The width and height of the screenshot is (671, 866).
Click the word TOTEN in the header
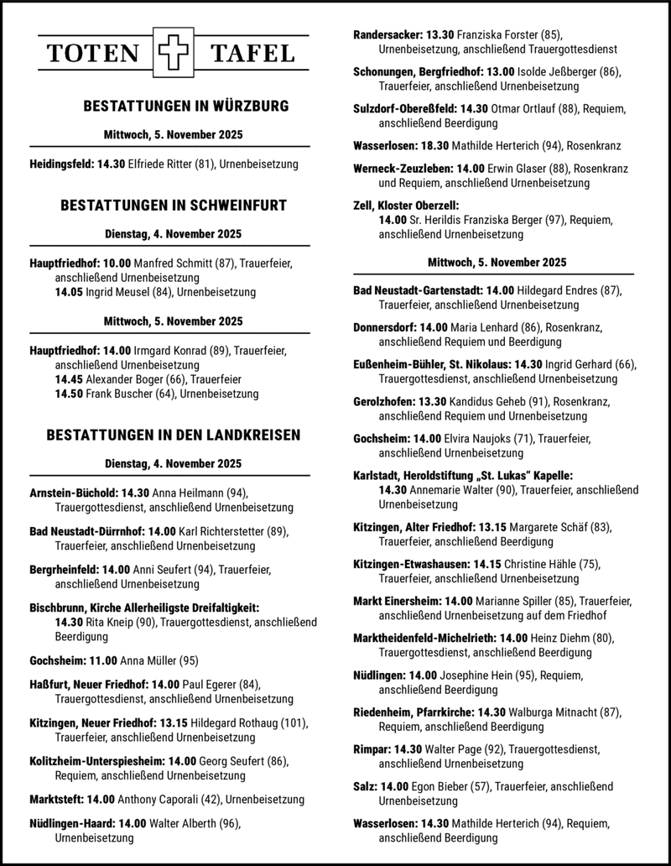(93, 55)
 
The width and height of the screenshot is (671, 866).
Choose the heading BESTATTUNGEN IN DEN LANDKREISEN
(174, 435)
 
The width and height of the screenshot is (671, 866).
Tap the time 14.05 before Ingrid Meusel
(69, 292)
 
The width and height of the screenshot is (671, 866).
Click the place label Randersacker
(388, 34)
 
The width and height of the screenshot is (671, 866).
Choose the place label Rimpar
(372, 749)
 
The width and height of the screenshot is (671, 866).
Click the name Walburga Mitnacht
(553, 712)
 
